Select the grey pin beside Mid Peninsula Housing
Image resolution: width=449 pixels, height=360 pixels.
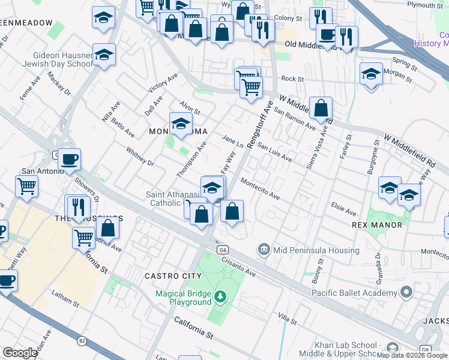pos(264,250)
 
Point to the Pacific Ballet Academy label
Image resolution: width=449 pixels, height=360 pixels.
pos(354,293)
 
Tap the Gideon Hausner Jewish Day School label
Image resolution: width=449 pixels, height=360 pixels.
pos(58,59)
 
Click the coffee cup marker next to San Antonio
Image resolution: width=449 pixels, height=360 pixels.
pos(70,160)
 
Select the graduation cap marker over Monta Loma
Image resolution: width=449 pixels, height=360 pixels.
pos(181,124)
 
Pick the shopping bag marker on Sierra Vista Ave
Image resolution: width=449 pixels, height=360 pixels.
pos(322,109)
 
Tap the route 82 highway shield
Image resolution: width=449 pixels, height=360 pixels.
pos(81,341)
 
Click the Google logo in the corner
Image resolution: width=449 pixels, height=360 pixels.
pos(20,353)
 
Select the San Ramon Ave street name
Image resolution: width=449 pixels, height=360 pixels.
pos(294,119)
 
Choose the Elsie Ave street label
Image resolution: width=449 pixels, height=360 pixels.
pos(343,209)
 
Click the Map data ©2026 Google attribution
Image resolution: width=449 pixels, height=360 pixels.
pos(412,355)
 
